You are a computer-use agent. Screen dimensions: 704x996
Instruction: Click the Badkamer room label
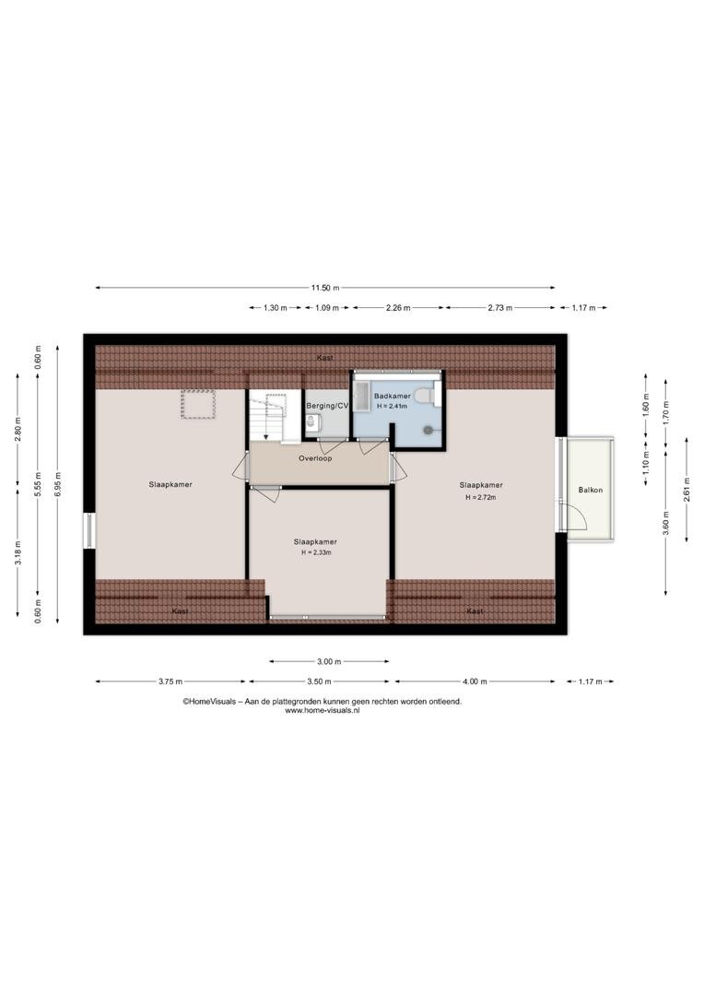pyautogui.click(x=393, y=396)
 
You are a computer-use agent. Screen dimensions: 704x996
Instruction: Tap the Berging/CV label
pyautogui.click(x=327, y=406)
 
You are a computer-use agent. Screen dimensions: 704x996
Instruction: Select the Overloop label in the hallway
pyautogui.click(x=315, y=458)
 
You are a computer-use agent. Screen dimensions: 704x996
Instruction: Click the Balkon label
pyautogui.click(x=591, y=490)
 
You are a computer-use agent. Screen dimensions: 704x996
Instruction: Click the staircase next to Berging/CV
pyautogui.click(x=275, y=415)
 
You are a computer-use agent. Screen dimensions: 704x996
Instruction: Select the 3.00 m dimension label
pyautogui.click(x=329, y=661)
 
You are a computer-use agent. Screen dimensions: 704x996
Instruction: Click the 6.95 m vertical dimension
pyautogui.click(x=58, y=485)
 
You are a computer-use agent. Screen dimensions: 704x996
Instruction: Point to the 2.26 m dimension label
pyautogui.click(x=398, y=307)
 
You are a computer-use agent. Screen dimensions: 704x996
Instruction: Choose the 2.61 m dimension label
pyautogui.click(x=686, y=489)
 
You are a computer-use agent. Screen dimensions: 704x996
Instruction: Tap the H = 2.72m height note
pyautogui.click(x=481, y=497)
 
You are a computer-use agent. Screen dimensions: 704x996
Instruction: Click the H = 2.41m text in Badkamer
pyautogui.click(x=393, y=406)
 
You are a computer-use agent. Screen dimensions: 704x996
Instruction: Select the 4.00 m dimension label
pyautogui.click(x=475, y=682)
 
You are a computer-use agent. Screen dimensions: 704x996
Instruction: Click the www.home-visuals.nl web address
pyautogui.click(x=323, y=711)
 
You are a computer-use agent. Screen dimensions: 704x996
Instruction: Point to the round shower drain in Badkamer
pyautogui.click(x=429, y=430)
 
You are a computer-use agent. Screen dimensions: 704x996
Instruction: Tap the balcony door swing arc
pyautogui.click(x=577, y=515)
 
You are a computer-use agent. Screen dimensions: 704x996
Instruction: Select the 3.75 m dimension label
pyautogui.click(x=170, y=682)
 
